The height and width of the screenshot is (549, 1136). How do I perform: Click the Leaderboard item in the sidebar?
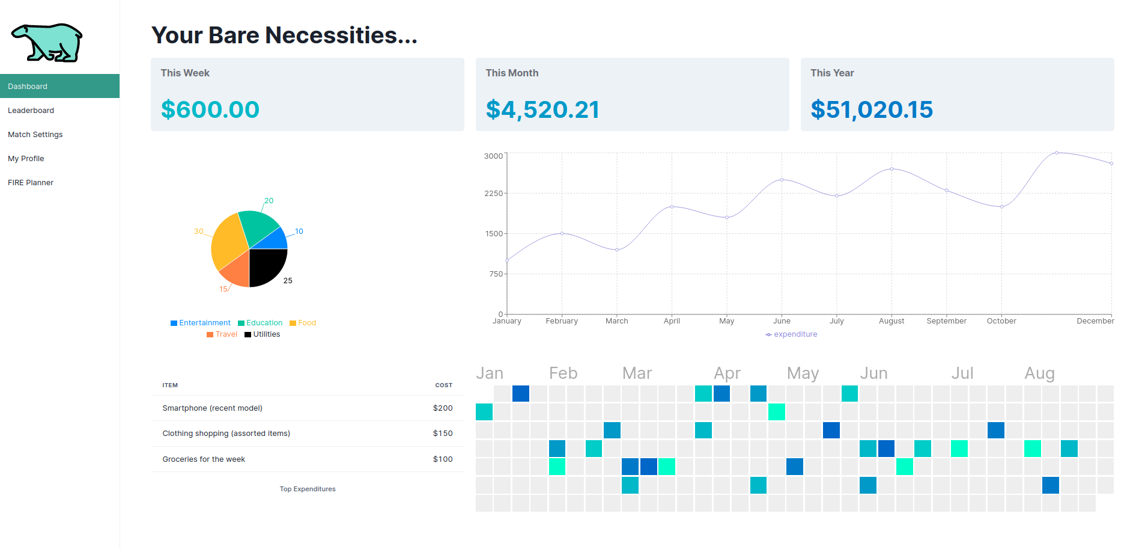31,111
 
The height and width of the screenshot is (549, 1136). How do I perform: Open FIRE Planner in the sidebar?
31,183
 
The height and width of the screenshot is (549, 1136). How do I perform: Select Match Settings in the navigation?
35,135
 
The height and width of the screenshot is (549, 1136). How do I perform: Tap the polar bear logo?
47,43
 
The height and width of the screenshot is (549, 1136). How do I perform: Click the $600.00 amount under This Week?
210,109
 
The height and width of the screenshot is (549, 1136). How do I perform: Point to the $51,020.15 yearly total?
871,109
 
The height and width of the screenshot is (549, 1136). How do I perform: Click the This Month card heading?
512,73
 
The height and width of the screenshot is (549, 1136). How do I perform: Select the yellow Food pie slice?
227,241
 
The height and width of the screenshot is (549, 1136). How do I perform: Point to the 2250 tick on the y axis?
493,193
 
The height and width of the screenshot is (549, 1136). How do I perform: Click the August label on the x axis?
891,321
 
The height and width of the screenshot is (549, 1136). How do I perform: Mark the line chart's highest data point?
1057,153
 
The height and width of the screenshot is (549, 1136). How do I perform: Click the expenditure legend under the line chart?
791,334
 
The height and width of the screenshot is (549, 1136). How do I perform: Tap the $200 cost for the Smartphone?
443,408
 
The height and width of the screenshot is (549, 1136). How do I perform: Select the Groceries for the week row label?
204,459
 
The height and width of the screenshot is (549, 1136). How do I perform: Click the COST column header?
443,385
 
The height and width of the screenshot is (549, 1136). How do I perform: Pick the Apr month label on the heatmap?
727,373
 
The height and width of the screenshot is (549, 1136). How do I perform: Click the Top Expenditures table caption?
308,489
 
